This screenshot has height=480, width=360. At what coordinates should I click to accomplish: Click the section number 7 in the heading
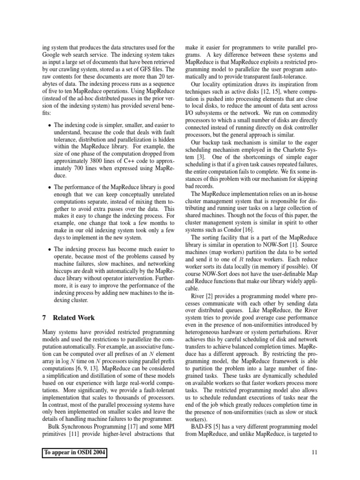pyautogui.click(x=44, y=317)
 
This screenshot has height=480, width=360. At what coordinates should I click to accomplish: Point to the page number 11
pyautogui.click(x=315, y=452)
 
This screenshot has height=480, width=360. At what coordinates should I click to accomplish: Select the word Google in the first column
pyautogui.click(x=52, y=55)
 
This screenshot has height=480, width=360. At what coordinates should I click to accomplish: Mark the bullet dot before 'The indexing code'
pyautogui.click(x=51, y=127)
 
